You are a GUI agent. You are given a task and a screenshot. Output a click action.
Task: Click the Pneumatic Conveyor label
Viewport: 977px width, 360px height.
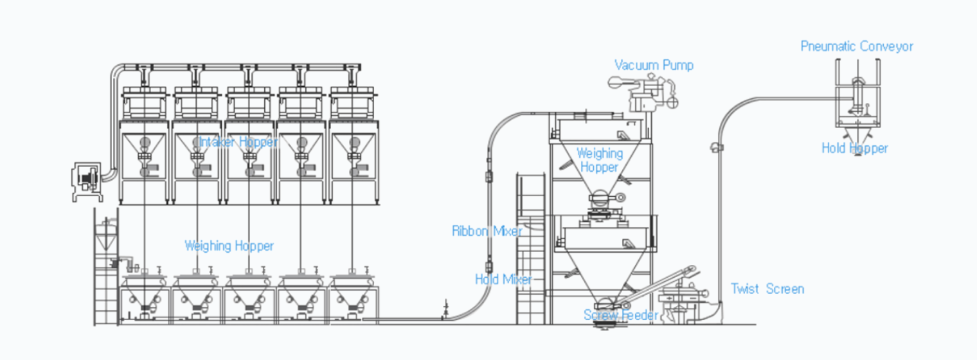coord(857,46)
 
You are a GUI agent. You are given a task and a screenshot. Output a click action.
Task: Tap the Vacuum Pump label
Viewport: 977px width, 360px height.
coord(654,66)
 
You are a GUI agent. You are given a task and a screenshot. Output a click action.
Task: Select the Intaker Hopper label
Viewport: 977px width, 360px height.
coord(238,142)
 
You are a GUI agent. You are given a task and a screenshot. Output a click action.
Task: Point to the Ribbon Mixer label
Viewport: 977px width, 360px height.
coord(487,231)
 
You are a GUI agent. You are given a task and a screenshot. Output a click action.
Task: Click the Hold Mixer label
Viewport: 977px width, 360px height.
coord(503,279)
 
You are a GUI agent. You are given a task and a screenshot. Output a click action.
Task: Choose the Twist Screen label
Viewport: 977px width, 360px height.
coord(767,289)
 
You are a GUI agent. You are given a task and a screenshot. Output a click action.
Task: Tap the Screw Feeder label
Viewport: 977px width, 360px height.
coord(621,314)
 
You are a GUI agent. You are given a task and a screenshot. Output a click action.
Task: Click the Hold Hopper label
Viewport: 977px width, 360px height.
coord(854,148)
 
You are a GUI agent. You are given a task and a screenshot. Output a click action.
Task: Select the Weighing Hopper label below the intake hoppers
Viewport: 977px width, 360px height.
coord(229,246)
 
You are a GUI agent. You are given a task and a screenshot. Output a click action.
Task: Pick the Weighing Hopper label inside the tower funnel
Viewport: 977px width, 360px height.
coord(600,160)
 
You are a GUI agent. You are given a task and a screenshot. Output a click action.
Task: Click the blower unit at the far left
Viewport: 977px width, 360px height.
coord(87,181)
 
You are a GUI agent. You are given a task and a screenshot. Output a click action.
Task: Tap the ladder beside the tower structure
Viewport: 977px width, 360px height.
coord(531,249)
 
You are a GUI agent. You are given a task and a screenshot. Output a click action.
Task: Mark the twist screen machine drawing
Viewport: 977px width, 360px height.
coord(682,303)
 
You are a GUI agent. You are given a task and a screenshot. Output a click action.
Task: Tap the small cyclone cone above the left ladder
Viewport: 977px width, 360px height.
coord(106,236)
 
